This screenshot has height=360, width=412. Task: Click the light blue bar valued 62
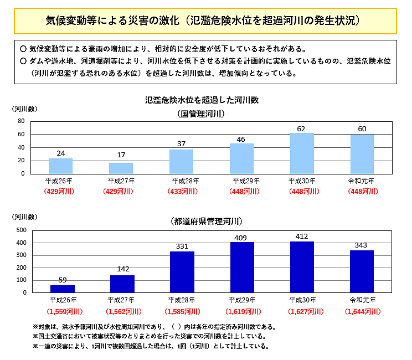coord(302,153)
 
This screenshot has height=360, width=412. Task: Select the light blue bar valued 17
coord(121,168)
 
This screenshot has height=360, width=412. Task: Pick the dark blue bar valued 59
coord(63,289)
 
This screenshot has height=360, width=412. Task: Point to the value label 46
coord(241,140)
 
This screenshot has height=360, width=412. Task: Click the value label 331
coord(182,246)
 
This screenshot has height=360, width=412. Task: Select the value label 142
coord(123,269)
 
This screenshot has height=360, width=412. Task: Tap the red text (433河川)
coord(182,192)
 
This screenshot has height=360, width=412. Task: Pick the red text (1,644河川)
coord(363,311)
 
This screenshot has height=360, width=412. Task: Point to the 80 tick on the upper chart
coord(21,121)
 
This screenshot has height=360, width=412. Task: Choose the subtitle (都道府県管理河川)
coord(206,221)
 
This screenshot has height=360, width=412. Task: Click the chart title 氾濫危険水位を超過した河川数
coord(202,100)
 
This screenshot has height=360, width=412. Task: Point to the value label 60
coord(362,129)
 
